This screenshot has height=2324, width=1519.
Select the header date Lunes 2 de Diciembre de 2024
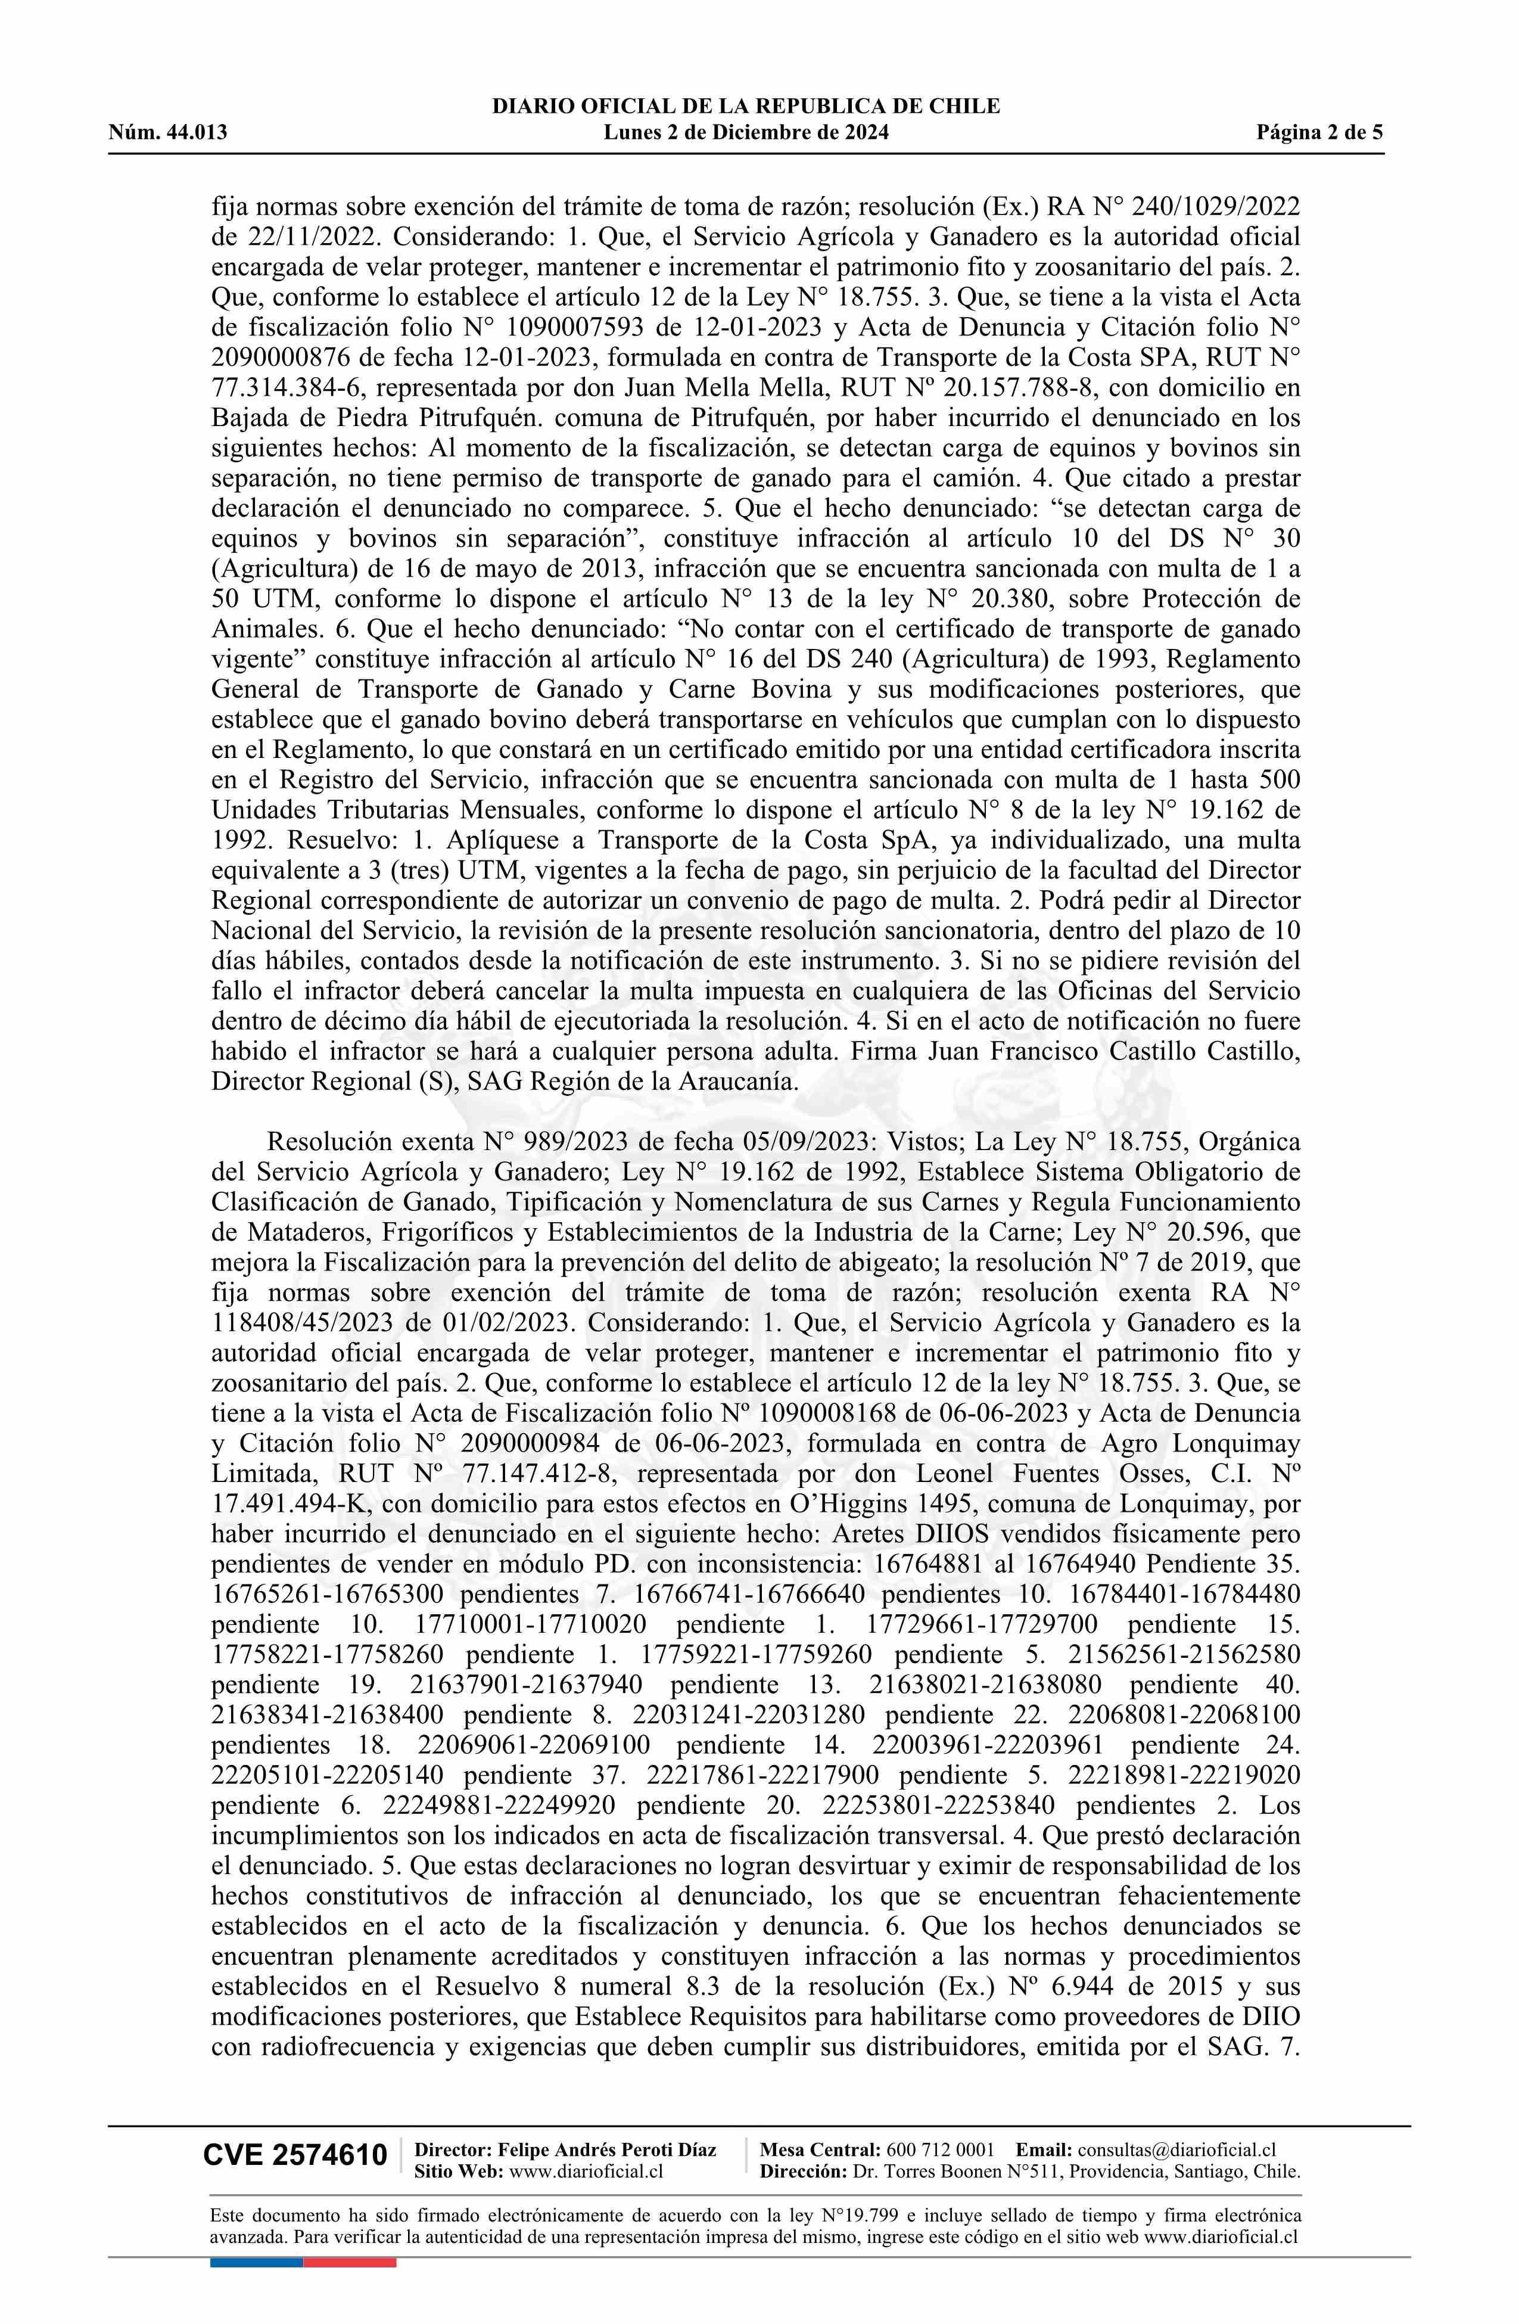pos(746,133)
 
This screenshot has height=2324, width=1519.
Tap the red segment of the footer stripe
pos(350,2235)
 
